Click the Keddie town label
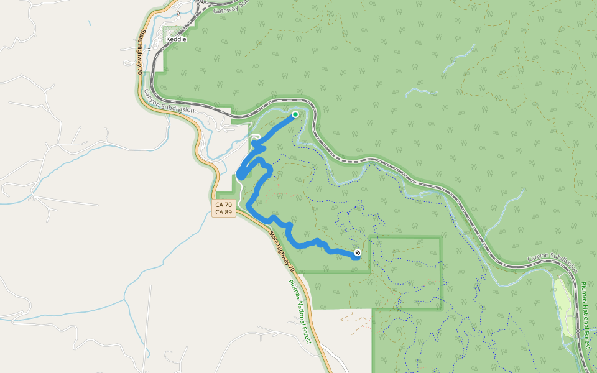point(176,39)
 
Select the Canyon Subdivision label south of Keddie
point(169,101)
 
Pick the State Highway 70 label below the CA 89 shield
point(282,252)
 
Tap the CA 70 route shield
point(223,204)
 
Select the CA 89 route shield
point(223,213)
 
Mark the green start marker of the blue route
point(295,114)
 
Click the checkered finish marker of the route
point(358,252)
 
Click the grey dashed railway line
point(435,186)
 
